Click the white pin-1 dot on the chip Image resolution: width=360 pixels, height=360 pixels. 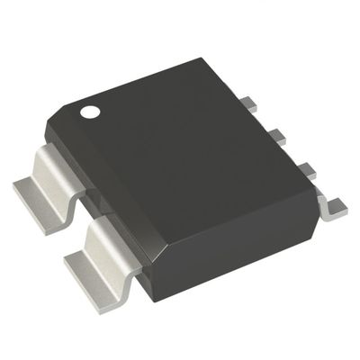[x=90, y=112]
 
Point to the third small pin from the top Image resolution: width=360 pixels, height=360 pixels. [x=304, y=169]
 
